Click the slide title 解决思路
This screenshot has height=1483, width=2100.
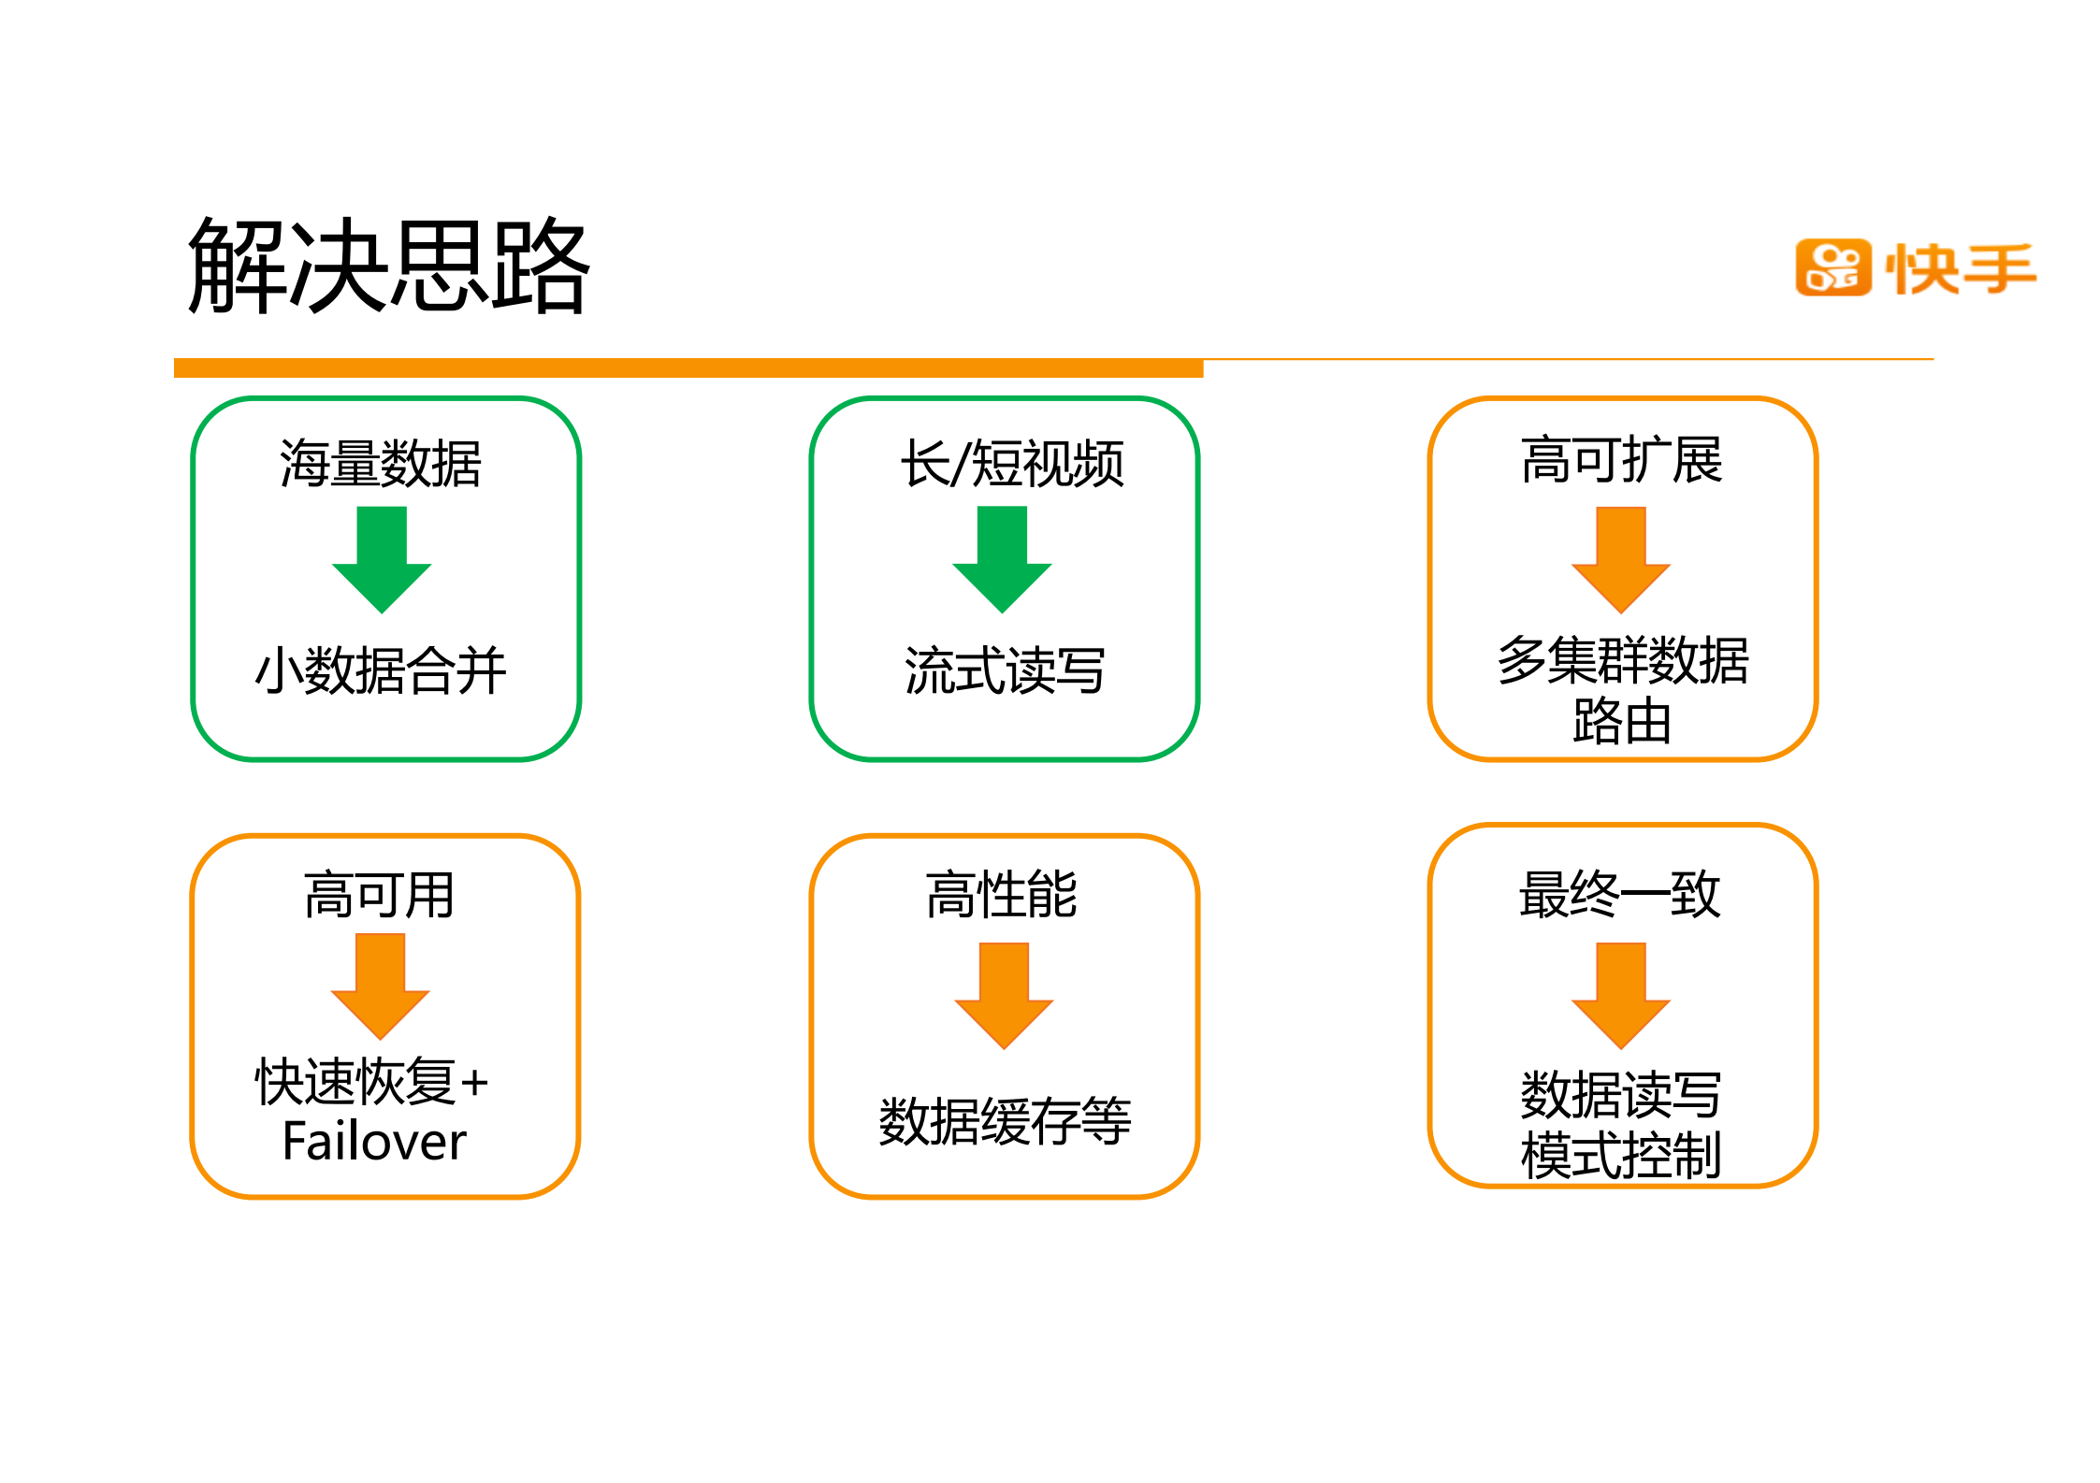[x=388, y=266]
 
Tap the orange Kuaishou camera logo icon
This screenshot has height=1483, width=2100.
[x=1832, y=267]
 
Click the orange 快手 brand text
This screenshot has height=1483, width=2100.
[x=1961, y=269]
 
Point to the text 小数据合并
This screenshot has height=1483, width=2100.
[x=381, y=670]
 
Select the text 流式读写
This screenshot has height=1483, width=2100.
[x=1005, y=670]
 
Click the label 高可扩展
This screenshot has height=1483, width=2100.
[x=1621, y=460]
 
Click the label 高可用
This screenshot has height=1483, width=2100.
[x=380, y=895]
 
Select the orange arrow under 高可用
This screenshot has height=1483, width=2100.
[x=381, y=986]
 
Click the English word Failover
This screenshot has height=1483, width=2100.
[x=374, y=1142]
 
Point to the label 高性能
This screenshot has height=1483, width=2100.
[x=1002, y=895]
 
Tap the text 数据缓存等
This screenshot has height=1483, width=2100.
[x=1005, y=1121]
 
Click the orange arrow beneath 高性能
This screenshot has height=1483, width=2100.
[x=1004, y=995]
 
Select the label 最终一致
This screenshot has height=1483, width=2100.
[x=1619, y=895]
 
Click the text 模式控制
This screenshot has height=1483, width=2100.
[x=1621, y=1156]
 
